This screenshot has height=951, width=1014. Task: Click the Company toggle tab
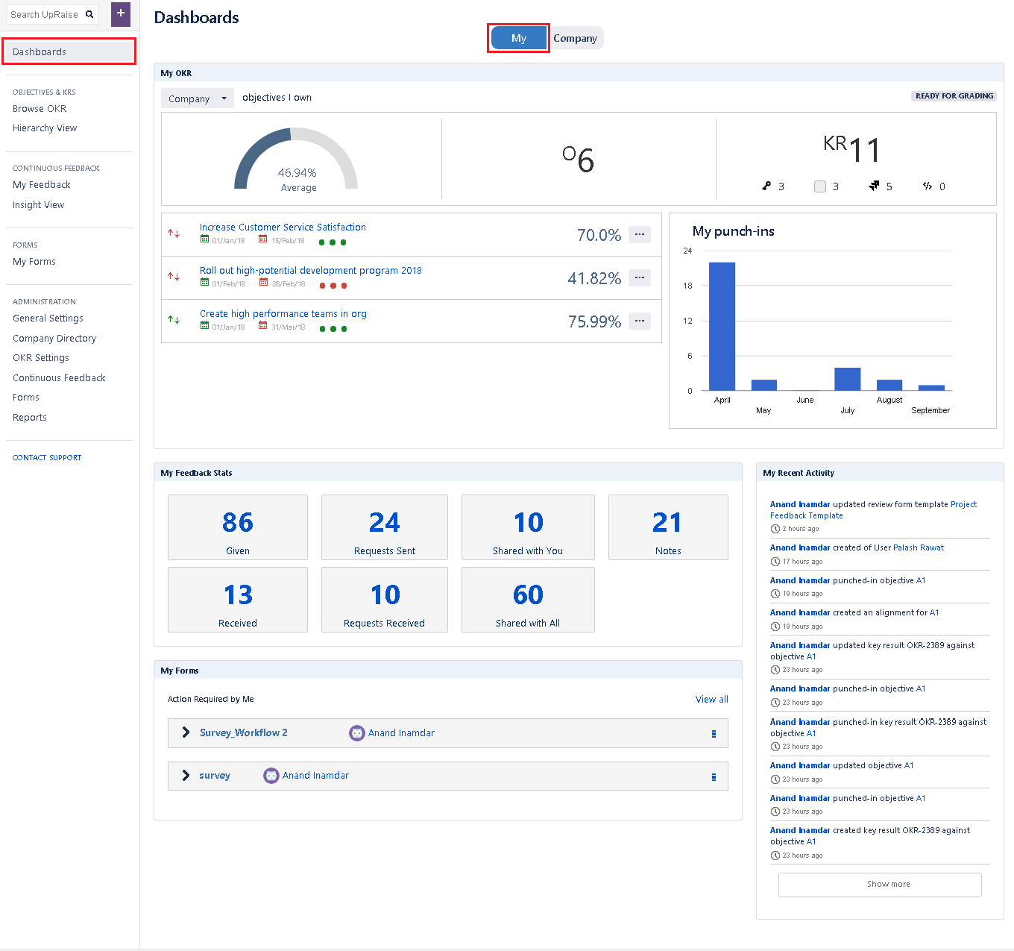[x=575, y=38]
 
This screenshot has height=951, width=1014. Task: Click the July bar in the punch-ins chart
[x=847, y=379]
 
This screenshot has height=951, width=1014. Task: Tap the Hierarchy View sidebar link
[x=45, y=128]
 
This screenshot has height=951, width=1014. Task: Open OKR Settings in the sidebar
[x=41, y=358]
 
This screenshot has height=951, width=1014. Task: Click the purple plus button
[x=120, y=14]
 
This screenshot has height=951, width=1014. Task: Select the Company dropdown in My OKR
[x=197, y=98]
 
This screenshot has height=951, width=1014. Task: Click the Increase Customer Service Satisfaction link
[x=283, y=227]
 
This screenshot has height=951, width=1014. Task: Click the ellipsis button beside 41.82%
[x=639, y=278]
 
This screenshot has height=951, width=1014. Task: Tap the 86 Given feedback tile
[x=238, y=527]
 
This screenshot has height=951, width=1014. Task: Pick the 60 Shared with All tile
[x=528, y=600]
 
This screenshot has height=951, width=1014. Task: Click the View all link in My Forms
[x=711, y=700]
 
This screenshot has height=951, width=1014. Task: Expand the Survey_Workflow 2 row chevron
[x=186, y=732]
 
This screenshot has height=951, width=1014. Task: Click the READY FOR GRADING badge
[x=954, y=96]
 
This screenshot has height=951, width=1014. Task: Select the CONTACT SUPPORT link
[x=47, y=458]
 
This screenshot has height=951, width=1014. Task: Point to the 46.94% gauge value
[x=297, y=173]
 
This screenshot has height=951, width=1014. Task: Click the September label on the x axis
[x=930, y=410]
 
